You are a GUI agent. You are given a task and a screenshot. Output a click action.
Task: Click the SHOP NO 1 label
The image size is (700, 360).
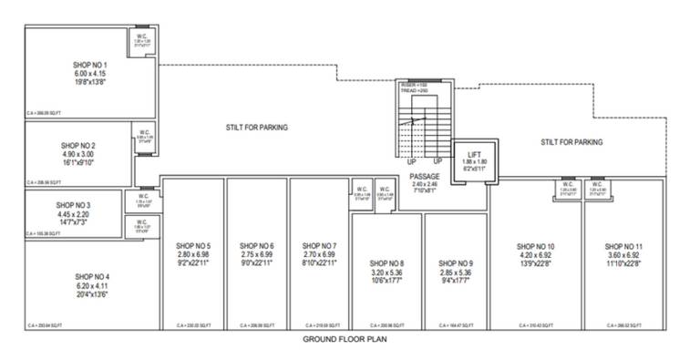(90, 65)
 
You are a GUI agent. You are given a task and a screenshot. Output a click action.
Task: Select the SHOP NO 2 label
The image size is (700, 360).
(87, 145)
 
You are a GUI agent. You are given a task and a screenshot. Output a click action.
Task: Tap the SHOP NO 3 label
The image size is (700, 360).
(73, 206)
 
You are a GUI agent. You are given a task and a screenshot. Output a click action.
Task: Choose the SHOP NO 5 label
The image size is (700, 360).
(191, 246)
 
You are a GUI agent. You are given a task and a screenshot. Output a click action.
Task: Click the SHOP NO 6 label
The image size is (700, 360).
(257, 246)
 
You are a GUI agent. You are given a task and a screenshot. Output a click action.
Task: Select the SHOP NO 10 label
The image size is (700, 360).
(535, 246)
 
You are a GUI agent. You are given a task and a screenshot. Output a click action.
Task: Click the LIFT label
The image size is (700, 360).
(474, 156)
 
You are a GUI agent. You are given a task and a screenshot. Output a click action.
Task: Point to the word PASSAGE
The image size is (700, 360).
(425, 176)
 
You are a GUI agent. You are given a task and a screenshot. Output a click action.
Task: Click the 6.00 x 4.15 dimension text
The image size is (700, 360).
(90, 73)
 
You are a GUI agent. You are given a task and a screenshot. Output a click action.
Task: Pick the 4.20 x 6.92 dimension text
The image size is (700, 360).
(535, 255)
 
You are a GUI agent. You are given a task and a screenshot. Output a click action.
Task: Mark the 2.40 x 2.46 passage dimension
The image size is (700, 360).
(425, 184)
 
